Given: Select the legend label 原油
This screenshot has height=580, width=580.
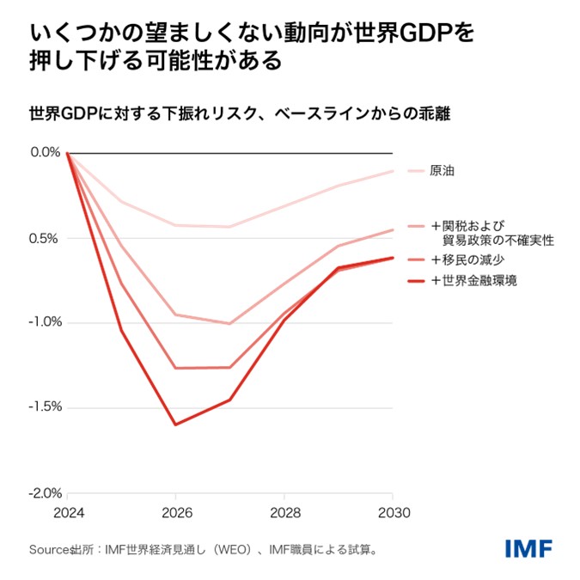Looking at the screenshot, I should [x=443, y=171].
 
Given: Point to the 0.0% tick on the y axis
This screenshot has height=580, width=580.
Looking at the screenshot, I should [x=45, y=152].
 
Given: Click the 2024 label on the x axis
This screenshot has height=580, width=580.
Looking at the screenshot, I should [x=67, y=513].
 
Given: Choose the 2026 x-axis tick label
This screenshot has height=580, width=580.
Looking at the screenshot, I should [x=175, y=513].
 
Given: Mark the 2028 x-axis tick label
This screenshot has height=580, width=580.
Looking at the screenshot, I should [x=284, y=513].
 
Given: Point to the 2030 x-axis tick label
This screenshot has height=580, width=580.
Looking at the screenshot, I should [x=393, y=513].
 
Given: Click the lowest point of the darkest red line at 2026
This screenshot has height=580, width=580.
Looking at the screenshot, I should [x=175, y=424].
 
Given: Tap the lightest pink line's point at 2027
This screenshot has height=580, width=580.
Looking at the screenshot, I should [x=229, y=227].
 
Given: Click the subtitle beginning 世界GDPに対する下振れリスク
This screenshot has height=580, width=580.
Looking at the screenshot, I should [x=240, y=113].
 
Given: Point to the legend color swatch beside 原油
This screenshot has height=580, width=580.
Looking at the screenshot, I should [x=417, y=171].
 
